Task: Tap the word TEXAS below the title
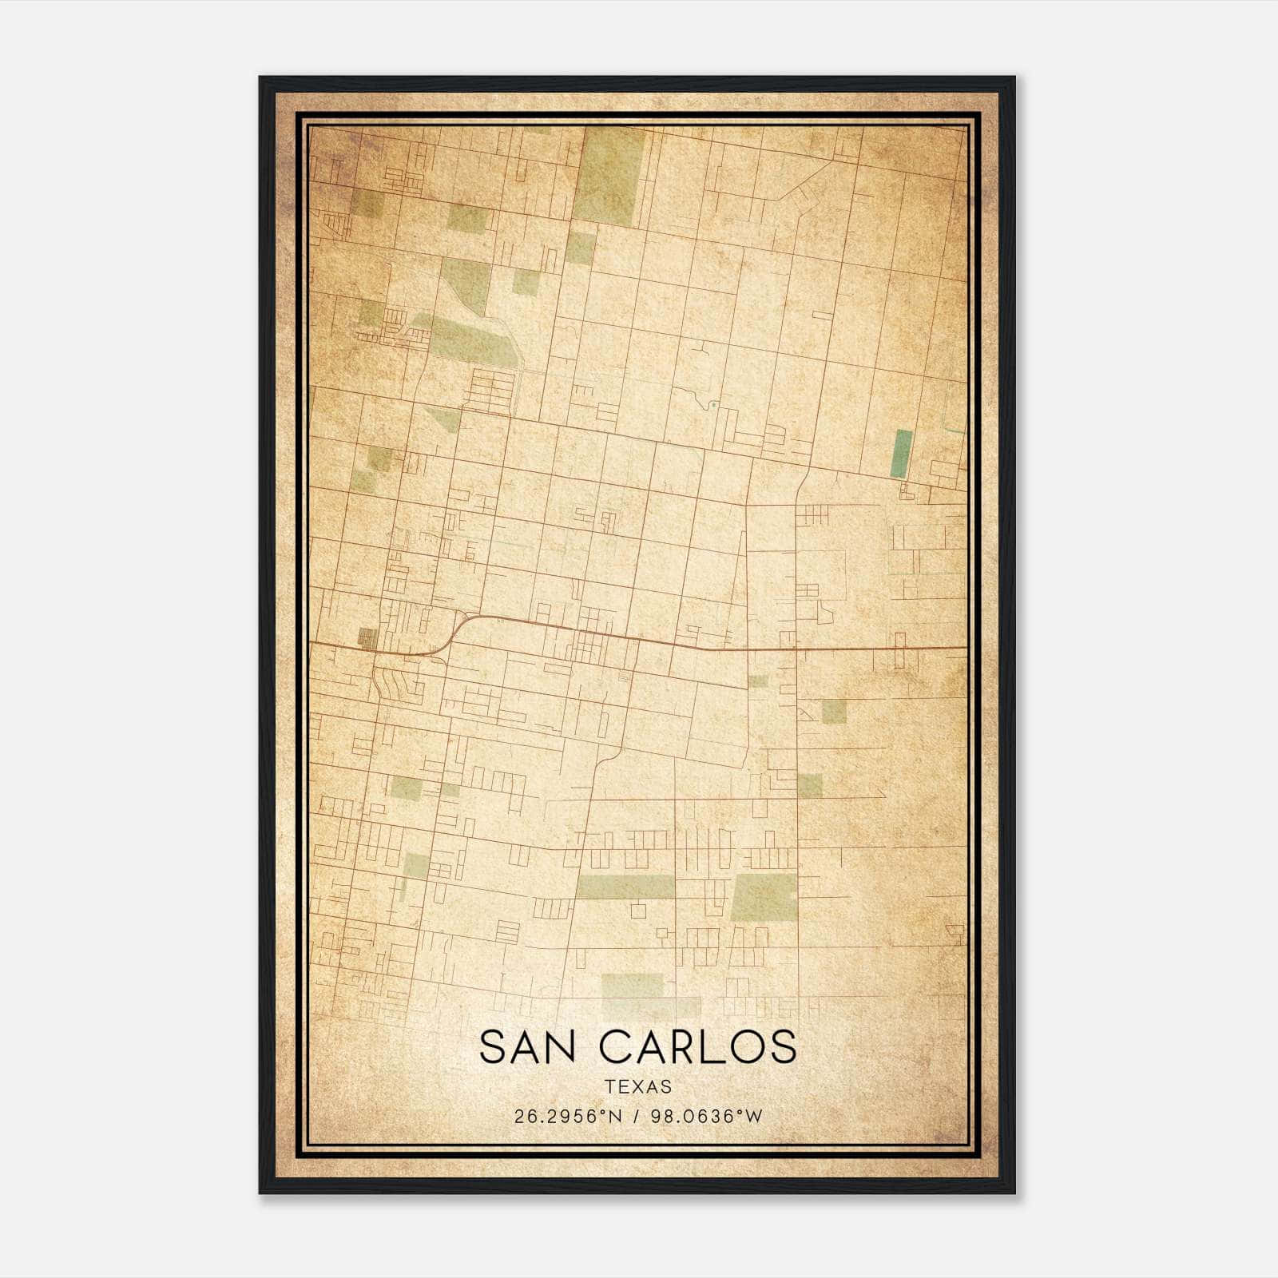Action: (x=638, y=1087)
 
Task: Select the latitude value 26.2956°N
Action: (x=568, y=1117)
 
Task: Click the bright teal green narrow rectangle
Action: (x=902, y=454)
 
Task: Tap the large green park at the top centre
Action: (x=609, y=175)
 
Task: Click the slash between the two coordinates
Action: (x=636, y=1117)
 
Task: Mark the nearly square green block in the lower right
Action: (x=764, y=897)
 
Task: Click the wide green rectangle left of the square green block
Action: (x=625, y=887)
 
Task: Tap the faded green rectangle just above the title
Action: (x=633, y=986)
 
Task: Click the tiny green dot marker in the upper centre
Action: (x=712, y=405)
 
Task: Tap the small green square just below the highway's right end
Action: (x=834, y=711)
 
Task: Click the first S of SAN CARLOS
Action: (x=494, y=1047)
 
